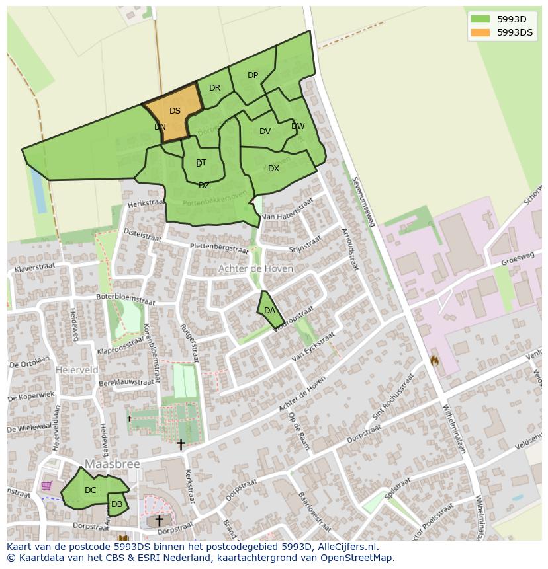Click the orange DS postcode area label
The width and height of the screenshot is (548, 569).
[x=175, y=111]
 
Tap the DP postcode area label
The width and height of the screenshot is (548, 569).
[x=253, y=75]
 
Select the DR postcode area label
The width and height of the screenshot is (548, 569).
[x=214, y=88]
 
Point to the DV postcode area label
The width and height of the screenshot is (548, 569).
[x=265, y=132]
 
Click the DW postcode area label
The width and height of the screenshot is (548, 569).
[x=298, y=126]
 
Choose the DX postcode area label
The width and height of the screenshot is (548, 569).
[x=273, y=169]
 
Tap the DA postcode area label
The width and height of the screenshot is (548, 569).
[x=269, y=311]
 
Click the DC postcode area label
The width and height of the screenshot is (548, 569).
[x=91, y=490]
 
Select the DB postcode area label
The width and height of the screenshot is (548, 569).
[x=116, y=504]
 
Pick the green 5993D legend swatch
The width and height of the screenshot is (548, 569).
[x=480, y=19]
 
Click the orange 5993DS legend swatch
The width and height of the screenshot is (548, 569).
[x=480, y=32]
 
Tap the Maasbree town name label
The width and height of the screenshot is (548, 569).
[x=113, y=465]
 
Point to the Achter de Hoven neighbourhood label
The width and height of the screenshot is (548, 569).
[x=255, y=269]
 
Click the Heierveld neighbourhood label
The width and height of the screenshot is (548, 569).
[x=77, y=370]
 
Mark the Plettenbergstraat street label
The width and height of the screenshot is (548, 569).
[x=209, y=247]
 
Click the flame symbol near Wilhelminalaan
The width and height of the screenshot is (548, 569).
[x=435, y=361]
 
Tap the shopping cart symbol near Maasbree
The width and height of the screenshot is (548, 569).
[x=46, y=486]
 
